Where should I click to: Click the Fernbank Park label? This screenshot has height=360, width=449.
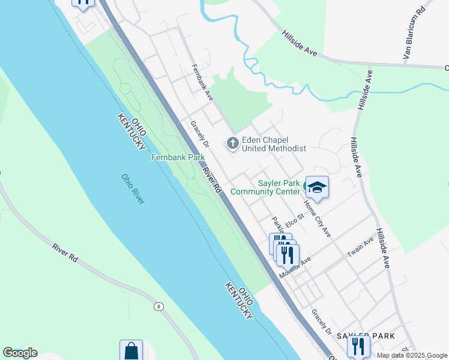[x=177, y=157]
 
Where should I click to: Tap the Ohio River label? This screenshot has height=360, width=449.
[x=133, y=189]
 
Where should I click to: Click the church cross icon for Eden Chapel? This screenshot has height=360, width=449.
[x=232, y=143]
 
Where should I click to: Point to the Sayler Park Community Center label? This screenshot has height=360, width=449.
[x=279, y=187]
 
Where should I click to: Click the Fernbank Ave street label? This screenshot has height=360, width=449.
[x=202, y=82]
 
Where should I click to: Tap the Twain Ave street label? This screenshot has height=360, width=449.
[x=360, y=247]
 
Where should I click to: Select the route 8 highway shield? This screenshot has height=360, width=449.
[x=159, y=307]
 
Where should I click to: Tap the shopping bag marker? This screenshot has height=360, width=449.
[x=131, y=351]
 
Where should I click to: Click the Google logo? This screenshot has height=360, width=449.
[x=20, y=353]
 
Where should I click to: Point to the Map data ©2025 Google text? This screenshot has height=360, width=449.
[x=412, y=355]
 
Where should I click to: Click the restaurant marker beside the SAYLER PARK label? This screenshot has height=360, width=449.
[x=358, y=346]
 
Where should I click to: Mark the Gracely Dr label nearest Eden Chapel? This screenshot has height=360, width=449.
[x=199, y=134]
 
